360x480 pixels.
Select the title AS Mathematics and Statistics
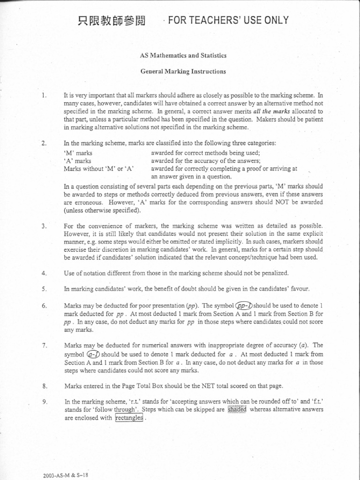point(183,55)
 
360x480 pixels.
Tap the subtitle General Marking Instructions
point(183,72)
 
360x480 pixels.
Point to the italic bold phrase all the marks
point(272,112)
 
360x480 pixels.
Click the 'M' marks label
point(78,153)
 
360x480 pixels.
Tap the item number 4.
point(44,273)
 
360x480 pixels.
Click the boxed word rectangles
point(129,418)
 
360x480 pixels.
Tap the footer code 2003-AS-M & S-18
point(66,474)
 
